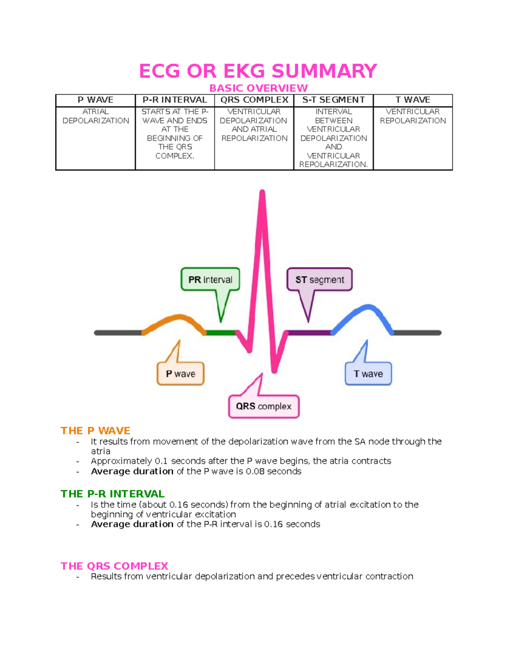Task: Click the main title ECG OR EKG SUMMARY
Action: pos(258,71)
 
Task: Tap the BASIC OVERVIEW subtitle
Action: pos(258,88)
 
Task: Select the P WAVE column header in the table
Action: pos(95,100)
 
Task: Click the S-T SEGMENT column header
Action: pos(333,100)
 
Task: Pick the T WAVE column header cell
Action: pos(413,100)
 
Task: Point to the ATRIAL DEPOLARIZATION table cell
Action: pos(95,116)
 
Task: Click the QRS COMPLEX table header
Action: pos(254,100)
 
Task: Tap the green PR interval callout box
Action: pos(210,280)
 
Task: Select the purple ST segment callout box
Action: pos(319,280)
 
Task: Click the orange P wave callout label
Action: pos(181,374)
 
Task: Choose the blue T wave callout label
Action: pos(368,374)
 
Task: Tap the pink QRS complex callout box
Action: pos(264,406)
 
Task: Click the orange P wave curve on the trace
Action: pos(176,319)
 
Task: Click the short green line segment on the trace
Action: pos(220,332)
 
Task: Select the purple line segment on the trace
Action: pos(309,332)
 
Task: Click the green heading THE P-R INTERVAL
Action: pos(113,494)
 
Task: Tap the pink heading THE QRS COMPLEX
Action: pos(114,566)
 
